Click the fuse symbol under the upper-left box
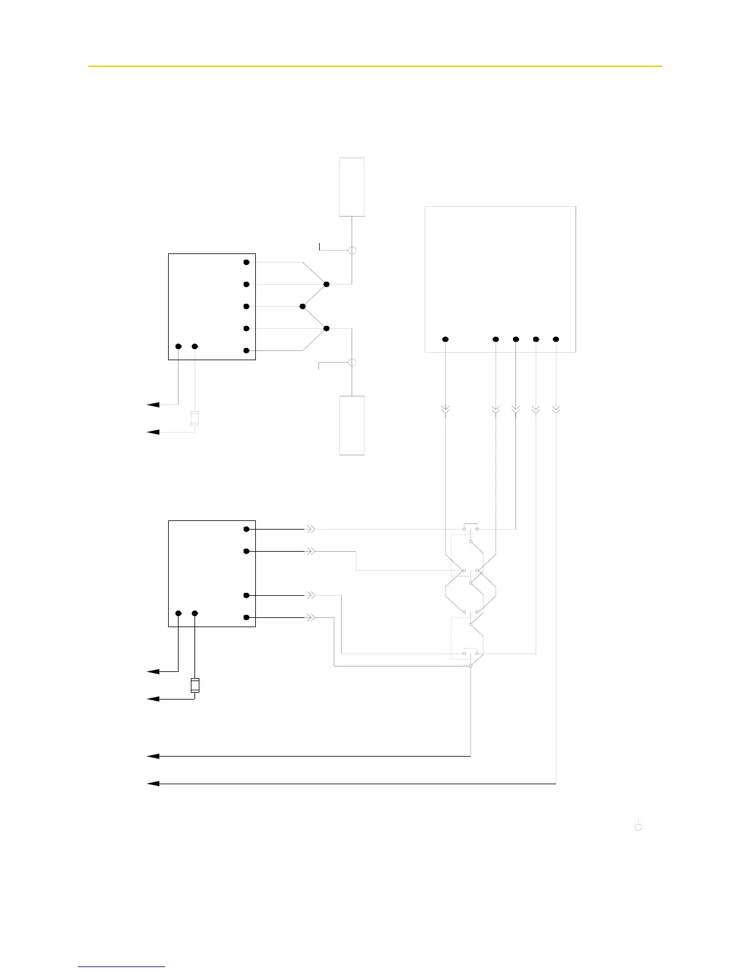coord(195,418)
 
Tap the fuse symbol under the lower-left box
coord(195,685)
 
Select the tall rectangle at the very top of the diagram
coord(352,187)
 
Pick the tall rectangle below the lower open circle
coord(352,425)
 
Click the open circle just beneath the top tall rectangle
coord(352,250)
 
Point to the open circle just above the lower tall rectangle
coord(352,363)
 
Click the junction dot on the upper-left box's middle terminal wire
coord(302,306)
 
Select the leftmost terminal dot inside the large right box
coord(446,339)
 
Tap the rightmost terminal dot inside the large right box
coord(556,339)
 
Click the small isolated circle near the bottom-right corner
coord(638,827)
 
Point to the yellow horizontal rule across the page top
coord(375,66)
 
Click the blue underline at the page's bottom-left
coord(121,967)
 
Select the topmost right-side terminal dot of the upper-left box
coord(247,262)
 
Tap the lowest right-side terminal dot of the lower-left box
coord(247,617)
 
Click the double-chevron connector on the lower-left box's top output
coord(312,528)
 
